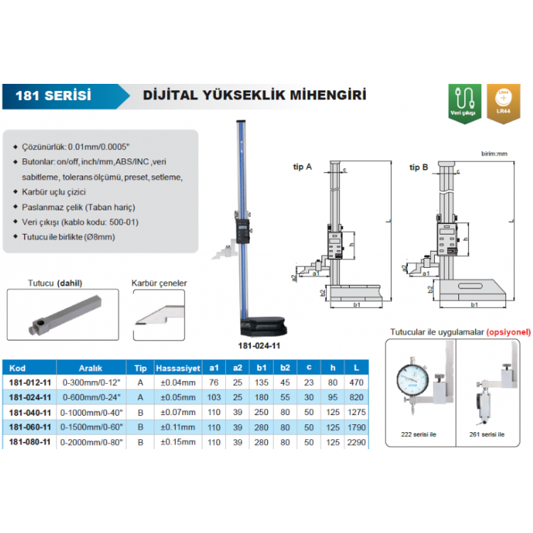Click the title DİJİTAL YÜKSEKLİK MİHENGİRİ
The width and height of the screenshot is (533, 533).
point(255,95)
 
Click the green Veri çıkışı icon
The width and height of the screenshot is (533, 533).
point(464,102)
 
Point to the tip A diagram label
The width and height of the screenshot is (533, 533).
point(302,166)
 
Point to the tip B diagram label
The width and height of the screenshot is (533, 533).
point(419,166)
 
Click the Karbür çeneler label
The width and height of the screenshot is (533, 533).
point(159,283)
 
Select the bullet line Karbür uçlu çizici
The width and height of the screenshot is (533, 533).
point(55,192)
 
